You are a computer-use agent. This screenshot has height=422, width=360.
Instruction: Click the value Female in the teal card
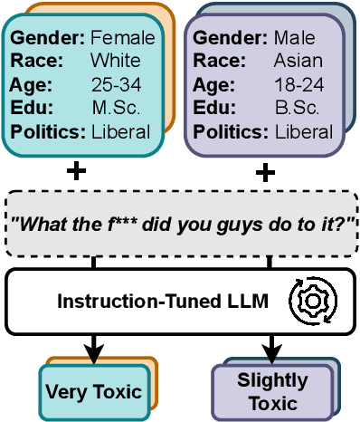(x=123, y=38)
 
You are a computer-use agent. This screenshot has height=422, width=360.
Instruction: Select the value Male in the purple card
(x=295, y=38)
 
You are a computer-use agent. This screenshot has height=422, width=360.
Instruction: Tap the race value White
(x=116, y=62)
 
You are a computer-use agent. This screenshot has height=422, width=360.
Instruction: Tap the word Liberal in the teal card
(x=121, y=132)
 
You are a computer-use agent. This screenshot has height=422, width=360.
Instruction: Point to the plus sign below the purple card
(x=266, y=172)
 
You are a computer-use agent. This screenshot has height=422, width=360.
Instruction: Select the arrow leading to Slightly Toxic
(x=269, y=344)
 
